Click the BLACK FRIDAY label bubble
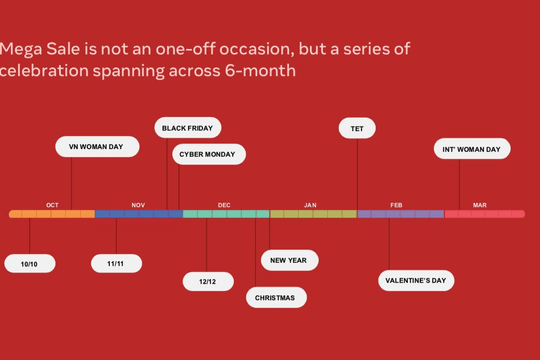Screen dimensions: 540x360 (x=188, y=128)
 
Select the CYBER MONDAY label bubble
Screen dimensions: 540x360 (x=209, y=154)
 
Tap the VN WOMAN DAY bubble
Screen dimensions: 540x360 (x=97, y=147)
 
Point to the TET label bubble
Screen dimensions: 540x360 (x=357, y=128)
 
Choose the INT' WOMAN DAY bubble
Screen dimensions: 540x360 (x=472, y=149)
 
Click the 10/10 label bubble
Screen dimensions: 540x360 (x=30, y=264)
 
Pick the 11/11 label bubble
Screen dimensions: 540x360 (x=116, y=264)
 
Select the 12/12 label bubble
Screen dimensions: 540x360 (x=208, y=281)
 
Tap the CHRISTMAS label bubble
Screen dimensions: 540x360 (x=276, y=297)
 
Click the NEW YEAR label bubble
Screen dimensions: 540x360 (x=290, y=260)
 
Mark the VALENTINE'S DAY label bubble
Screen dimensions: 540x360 (x=416, y=280)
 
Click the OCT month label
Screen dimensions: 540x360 (x=52, y=205)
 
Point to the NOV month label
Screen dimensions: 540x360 (x=138, y=205)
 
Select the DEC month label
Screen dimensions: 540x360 (x=224, y=205)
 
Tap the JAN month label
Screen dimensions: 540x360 (x=310, y=205)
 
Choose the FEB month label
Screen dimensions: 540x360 (x=396, y=205)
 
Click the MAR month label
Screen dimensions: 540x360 (x=480, y=205)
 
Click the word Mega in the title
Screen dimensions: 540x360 (x=21, y=50)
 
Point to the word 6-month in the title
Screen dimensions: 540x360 (x=260, y=71)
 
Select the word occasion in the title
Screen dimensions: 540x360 (x=257, y=49)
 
